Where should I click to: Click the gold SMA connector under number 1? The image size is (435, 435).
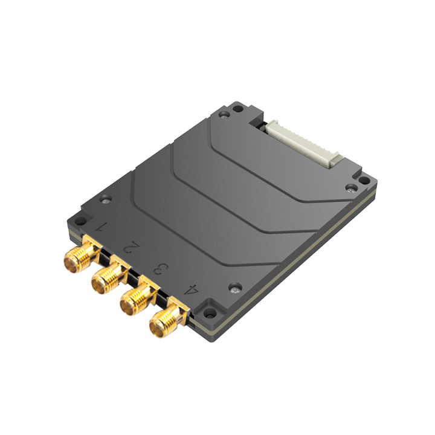pos(82,254)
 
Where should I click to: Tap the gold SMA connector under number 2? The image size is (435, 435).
pos(109,275)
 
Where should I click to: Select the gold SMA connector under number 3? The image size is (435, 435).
pos(139,296)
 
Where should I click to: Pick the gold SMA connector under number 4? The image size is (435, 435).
pos(169,318)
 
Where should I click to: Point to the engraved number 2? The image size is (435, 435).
pos(131,247)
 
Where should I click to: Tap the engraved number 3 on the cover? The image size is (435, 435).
pos(161,268)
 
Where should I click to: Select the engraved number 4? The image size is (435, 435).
pos(192,289)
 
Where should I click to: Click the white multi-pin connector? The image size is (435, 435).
pos(304,144)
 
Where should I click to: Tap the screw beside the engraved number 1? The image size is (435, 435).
pos(106,199)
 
